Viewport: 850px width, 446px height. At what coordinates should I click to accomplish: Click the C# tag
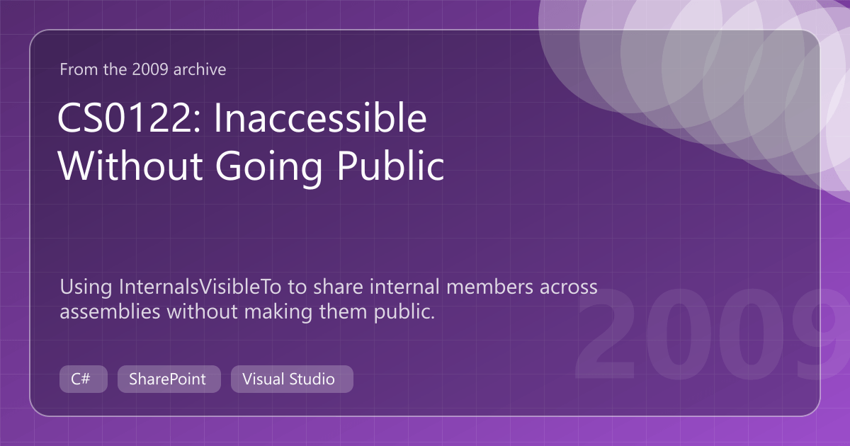pyautogui.click(x=84, y=379)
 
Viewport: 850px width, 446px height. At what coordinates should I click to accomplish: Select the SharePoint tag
pyautogui.click(x=169, y=379)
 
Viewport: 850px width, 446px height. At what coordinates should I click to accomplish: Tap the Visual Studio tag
pyautogui.click(x=292, y=379)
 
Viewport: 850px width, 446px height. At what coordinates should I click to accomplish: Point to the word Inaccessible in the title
pyautogui.click(x=321, y=118)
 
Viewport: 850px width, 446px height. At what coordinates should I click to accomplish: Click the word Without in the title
pyautogui.click(x=130, y=166)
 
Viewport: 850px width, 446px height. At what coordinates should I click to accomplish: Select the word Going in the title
pyautogui.click(x=269, y=167)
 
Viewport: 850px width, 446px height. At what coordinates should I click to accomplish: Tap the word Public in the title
pyautogui.click(x=390, y=166)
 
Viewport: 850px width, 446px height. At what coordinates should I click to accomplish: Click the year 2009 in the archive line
pyautogui.click(x=150, y=69)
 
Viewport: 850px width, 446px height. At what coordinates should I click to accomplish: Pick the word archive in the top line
pyautogui.click(x=200, y=69)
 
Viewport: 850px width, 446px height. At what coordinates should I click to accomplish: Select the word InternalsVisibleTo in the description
pyautogui.click(x=200, y=287)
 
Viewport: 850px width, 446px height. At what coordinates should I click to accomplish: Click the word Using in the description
pyautogui.click(x=86, y=288)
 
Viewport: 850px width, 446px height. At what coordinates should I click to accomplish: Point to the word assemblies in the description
pyautogui.click(x=110, y=311)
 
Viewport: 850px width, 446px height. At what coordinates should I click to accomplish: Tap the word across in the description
pyautogui.click(x=568, y=288)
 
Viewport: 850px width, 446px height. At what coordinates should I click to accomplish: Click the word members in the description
pyautogui.click(x=490, y=287)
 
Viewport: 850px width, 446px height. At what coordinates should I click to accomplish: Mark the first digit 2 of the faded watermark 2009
pyautogui.click(x=606, y=333)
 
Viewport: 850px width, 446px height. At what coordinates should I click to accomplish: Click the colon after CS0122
pyautogui.click(x=197, y=122)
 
